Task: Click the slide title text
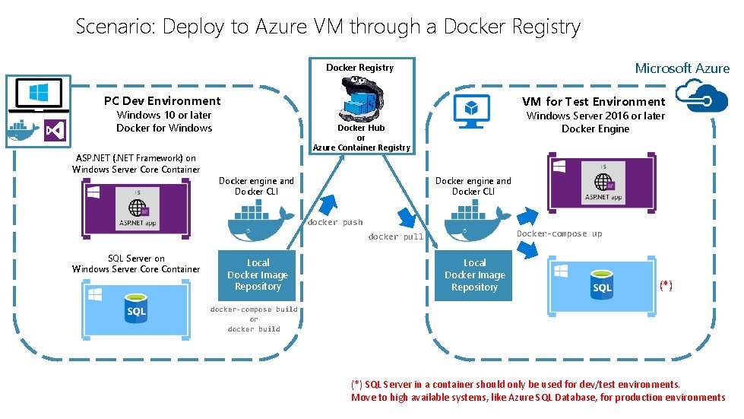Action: point(328,27)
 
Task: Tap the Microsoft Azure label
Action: point(682,68)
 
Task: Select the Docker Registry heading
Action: point(359,68)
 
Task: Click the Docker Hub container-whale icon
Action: point(360,98)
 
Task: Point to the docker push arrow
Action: point(329,205)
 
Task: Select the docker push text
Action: point(334,223)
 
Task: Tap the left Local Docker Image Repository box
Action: point(258,275)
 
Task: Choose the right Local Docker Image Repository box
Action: point(474,275)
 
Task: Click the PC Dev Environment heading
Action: point(162,101)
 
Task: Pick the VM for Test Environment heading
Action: point(593,102)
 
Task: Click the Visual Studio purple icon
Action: point(55,131)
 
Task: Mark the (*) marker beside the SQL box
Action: point(666,285)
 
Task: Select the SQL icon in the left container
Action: point(136,310)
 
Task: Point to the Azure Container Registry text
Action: point(361,148)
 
